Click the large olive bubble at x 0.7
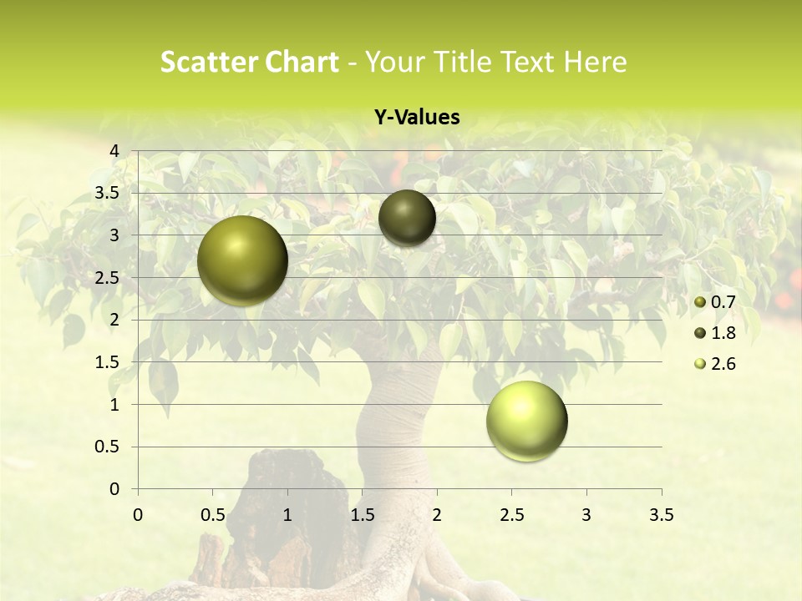point(242,260)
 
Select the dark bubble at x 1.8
point(407,218)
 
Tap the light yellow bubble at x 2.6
point(526,421)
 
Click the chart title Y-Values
point(417,118)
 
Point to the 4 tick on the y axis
point(114,151)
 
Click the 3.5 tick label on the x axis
point(661,515)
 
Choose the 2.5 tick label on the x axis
point(511,515)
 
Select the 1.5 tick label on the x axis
point(362,515)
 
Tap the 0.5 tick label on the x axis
point(212,515)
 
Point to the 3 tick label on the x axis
point(586,515)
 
